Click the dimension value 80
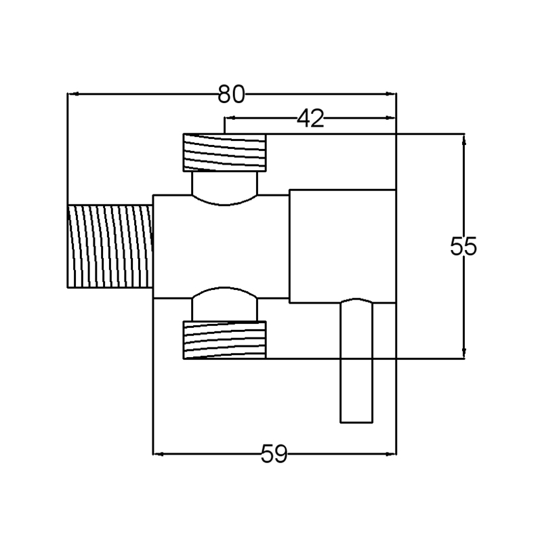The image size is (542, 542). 231,94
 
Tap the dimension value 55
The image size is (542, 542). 464,247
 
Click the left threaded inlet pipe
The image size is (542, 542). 110,247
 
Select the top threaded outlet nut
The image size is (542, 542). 224,152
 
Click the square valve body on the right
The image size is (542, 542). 342,247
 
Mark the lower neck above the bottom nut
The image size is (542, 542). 225,304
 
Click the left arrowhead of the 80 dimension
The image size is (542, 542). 71,94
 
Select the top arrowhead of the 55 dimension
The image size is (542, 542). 464,138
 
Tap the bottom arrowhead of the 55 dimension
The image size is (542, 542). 464,354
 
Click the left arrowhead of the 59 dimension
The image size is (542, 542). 157,453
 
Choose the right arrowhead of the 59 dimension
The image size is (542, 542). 391,453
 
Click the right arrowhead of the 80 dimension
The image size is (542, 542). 391,94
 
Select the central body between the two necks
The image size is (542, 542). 220,247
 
